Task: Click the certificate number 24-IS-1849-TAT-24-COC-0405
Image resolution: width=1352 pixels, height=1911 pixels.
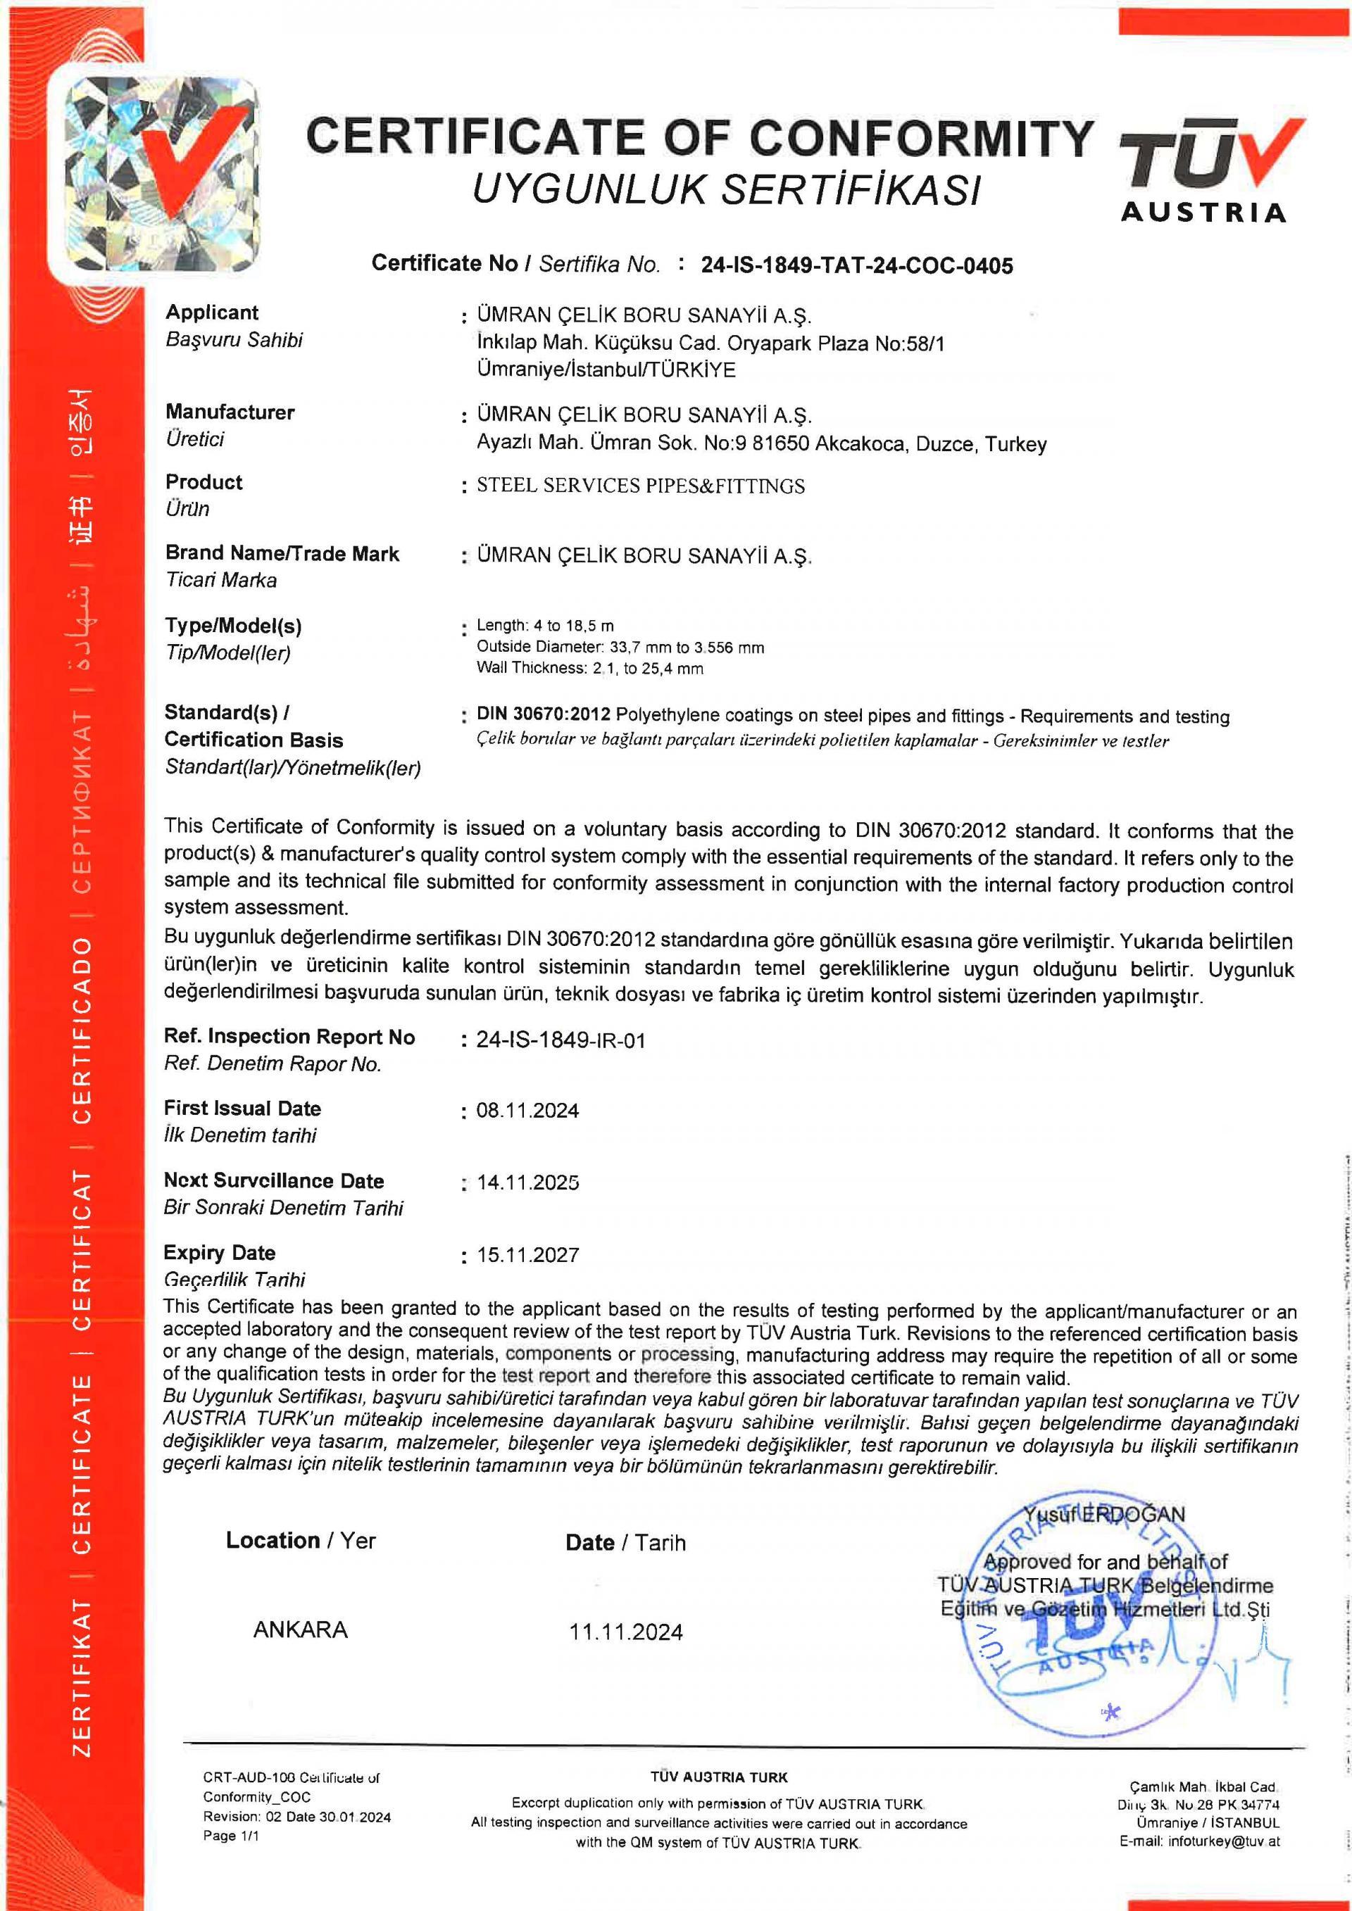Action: pyautogui.click(x=857, y=265)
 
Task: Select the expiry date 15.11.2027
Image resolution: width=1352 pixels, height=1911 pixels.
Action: pyautogui.click(x=527, y=1254)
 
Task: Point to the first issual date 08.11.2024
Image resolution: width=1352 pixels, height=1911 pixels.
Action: pyautogui.click(x=527, y=1110)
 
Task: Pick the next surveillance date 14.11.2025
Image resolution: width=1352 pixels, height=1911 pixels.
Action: pyautogui.click(x=527, y=1182)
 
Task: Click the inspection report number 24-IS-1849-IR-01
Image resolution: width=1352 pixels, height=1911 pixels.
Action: pyautogui.click(x=561, y=1040)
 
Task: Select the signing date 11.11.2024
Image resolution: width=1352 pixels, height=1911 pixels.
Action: pyautogui.click(x=625, y=1632)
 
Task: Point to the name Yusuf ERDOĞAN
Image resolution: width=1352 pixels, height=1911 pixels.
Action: pyautogui.click(x=1104, y=1514)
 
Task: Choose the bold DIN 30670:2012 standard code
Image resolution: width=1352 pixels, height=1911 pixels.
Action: pyautogui.click(x=544, y=714)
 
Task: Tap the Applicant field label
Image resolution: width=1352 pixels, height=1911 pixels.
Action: pyautogui.click(x=211, y=312)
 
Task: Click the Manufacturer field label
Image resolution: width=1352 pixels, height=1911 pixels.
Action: pyautogui.click(x=230, y=412)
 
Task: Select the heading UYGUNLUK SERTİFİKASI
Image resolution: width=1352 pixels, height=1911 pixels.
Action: pyautogui.click(x=726, y=189)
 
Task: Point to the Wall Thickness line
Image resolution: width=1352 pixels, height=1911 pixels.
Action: pyautogui.click(x=589, y=667)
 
